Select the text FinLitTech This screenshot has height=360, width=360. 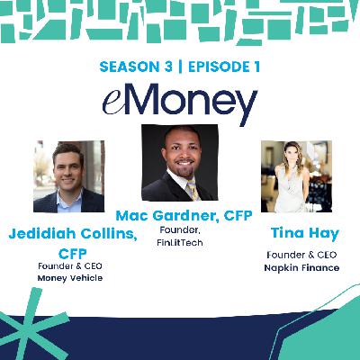tap(161, 242)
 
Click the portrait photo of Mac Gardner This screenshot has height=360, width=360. tap(182, 163)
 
